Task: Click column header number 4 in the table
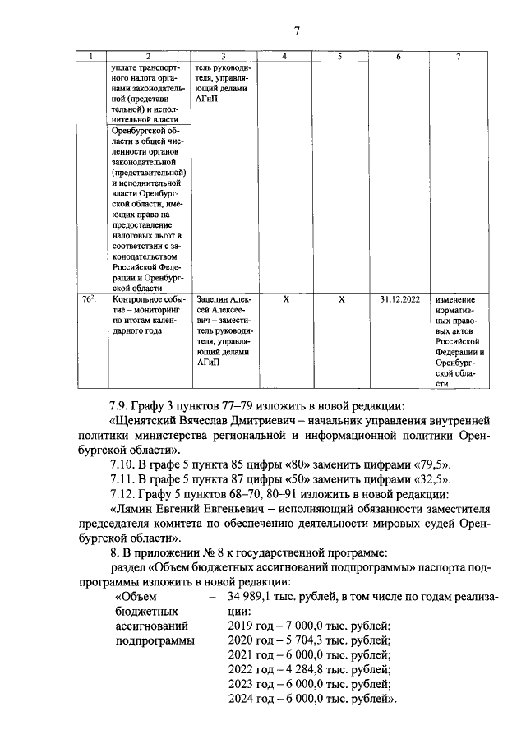284,56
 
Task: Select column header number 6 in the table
398,56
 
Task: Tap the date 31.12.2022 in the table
399,301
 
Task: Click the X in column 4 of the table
284,301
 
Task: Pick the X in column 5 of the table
341,301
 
